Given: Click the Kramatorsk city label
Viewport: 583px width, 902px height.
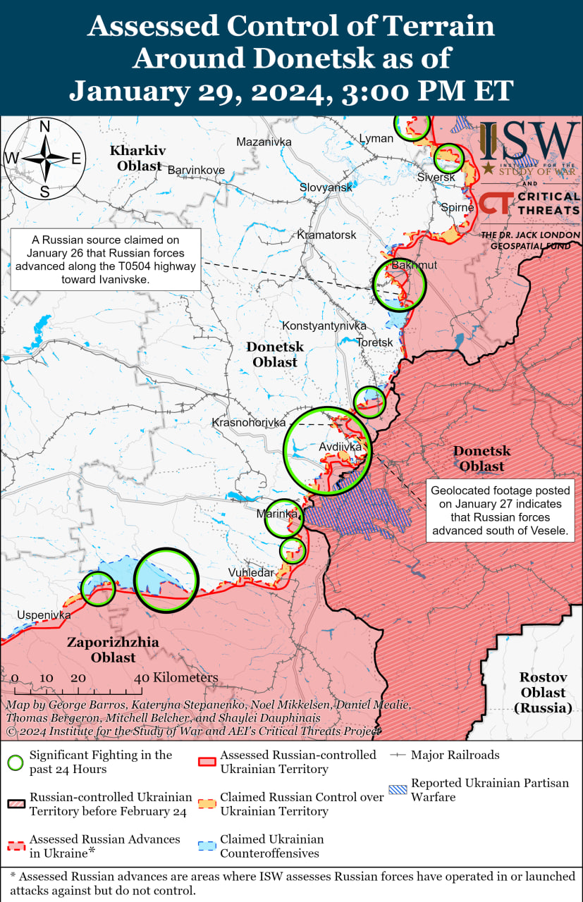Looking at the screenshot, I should pos(326,234).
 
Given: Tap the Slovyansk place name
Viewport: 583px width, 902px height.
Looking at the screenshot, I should pos(326,187).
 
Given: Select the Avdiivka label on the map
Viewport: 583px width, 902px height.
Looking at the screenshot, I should pos(340,447).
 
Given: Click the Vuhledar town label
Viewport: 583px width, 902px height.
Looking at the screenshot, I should pos(250,573).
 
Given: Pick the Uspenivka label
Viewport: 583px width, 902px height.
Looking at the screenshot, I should pos(44,614).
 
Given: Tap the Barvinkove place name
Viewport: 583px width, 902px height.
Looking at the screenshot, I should pos(196,170).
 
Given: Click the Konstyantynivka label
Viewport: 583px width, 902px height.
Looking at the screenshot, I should pos(324,326).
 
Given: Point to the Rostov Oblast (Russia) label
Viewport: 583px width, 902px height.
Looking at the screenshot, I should pos(544,692).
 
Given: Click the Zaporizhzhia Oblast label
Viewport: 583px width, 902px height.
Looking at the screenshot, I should pos(113,650).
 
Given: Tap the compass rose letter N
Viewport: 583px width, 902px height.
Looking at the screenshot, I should pos(44,127).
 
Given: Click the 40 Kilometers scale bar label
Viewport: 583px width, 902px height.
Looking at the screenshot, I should pos(177,677).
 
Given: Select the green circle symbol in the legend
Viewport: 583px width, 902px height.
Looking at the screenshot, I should pos(16,762).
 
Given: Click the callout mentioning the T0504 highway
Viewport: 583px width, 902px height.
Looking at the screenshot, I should pos(105,259).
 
